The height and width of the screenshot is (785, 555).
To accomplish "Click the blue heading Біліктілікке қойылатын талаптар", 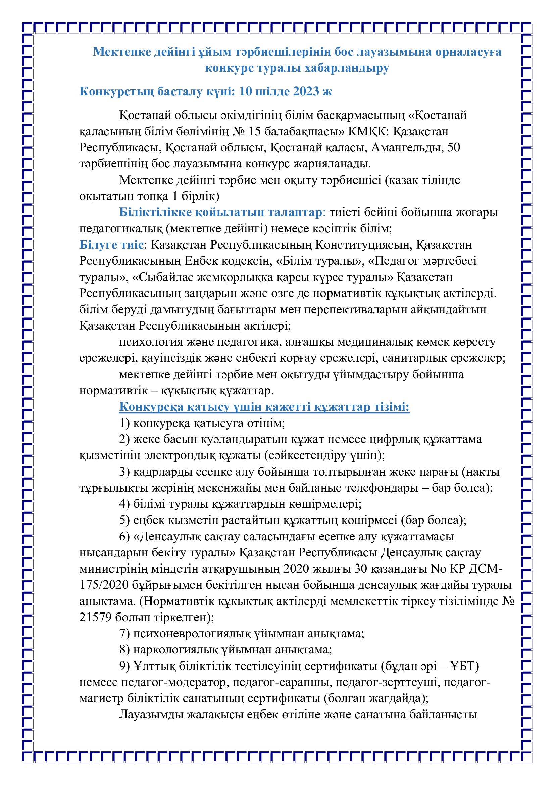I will coord(220,212).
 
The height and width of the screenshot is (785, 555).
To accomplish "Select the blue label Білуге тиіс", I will coord(111,245).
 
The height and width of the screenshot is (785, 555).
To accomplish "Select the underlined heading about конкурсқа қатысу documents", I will coord(264,407).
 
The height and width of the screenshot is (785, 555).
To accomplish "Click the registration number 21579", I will coord(95,617).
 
